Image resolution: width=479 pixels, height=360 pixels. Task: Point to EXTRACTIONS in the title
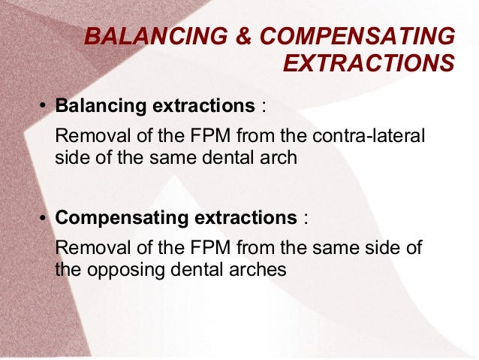click(369, 65)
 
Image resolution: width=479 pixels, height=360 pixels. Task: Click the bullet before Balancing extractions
click(44, 107)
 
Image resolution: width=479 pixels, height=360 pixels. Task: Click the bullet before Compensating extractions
click(44, 219)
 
